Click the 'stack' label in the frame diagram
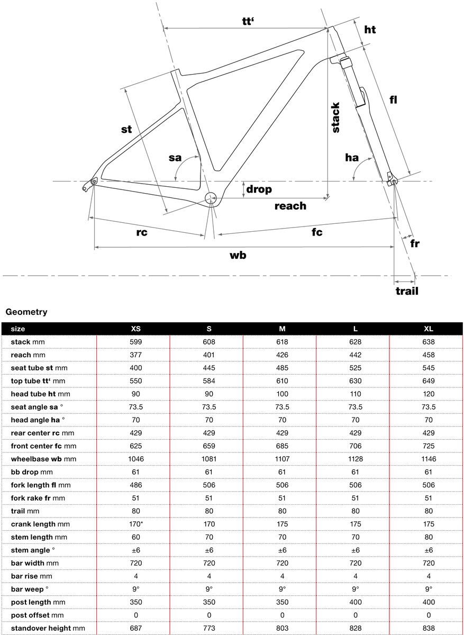pos(335,117)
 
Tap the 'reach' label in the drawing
pos(290,206)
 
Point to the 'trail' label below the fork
pos(407,291)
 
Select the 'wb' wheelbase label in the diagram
pos(238,255)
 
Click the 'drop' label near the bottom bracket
pos(259,189)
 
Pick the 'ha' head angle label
pos(351,157)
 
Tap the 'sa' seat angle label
pos(175,158)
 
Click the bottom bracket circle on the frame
pos(211,199)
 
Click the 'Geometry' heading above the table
pos(26,312)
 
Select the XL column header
pos(428,329)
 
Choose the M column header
pos(282,329)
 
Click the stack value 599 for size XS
pos(136,342)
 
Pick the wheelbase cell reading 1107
pos(282,459)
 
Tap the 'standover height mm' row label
pos(48,628)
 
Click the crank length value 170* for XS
pos(136,524)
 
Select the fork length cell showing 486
pos(136,485)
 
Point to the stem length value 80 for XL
pos(428,537)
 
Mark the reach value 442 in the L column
pos(355,355)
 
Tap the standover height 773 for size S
pos(209,628)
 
